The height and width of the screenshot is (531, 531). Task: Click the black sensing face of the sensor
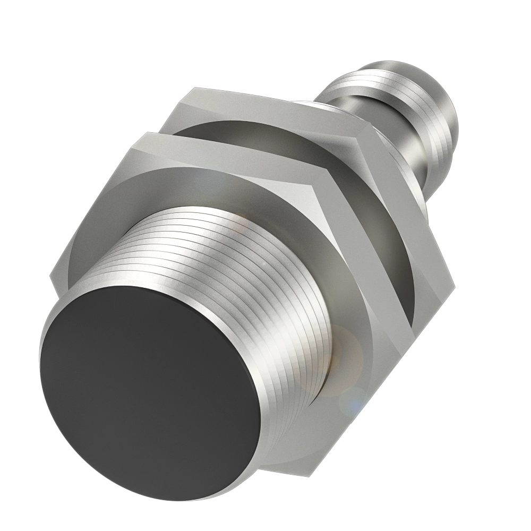click(149, 393)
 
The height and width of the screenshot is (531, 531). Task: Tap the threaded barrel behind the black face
click(250, 255)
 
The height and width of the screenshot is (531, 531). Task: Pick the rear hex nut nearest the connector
click(404, 223)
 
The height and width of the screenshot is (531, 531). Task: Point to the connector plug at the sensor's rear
click(404, 122)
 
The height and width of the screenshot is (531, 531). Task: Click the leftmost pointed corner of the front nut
click(52, 276)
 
